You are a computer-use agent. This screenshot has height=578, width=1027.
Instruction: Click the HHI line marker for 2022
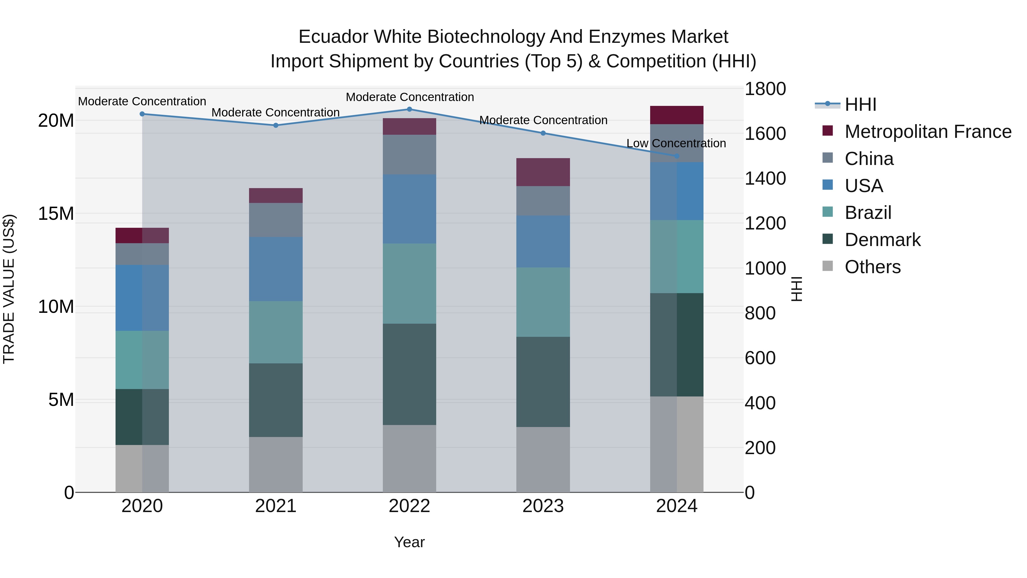(409, 109)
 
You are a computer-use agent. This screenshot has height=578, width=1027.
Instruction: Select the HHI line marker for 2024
(677, 156)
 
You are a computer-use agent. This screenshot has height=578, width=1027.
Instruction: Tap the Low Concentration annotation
(676, 143)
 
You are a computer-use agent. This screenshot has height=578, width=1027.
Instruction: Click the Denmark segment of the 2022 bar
(409, 374)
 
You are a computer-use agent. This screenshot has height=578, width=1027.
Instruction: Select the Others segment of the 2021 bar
(276, 464)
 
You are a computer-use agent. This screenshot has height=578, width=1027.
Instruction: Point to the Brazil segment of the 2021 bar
(276, 332)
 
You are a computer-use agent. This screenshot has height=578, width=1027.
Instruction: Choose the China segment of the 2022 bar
(409, 154)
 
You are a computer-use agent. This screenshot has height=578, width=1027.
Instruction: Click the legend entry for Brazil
(868, 213)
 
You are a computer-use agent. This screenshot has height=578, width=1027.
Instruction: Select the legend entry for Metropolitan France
(927, 132)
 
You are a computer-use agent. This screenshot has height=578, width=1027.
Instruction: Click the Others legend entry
(872, 267)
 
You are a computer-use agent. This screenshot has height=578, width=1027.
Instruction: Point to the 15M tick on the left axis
(56, 214)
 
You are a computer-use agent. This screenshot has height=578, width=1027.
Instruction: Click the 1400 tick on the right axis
(765, 178)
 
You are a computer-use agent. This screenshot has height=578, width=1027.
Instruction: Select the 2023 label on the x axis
(543, 506)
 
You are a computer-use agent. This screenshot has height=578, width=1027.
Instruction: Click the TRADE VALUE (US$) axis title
(9, 289)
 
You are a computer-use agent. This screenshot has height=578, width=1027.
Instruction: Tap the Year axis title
(409, 542)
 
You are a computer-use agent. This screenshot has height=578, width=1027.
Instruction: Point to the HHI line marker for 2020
(142, 114)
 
